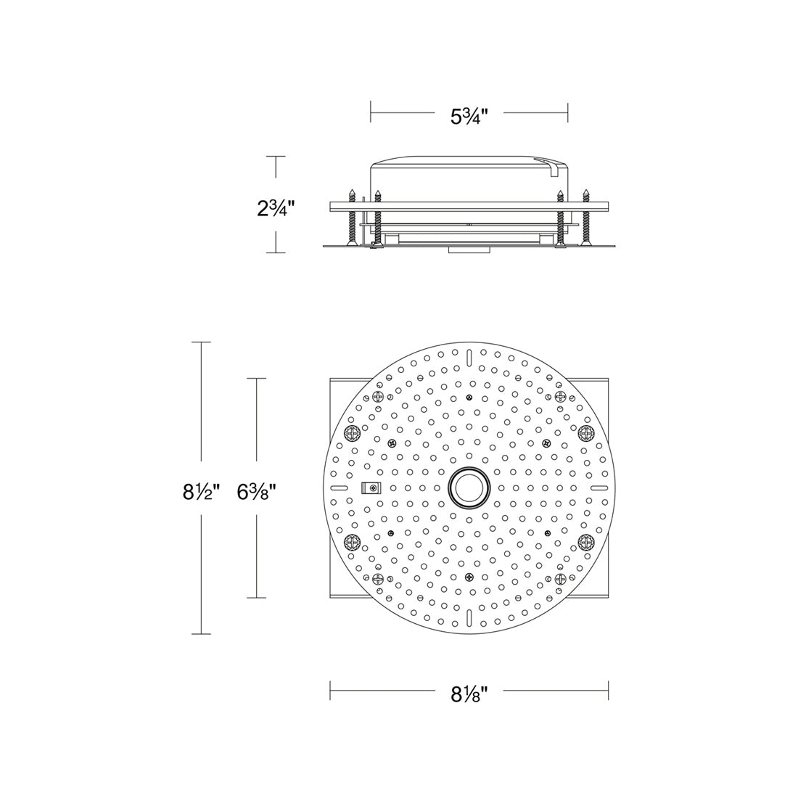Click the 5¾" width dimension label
469,115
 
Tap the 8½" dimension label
201,493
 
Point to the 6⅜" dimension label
257,493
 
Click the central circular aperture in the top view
469,488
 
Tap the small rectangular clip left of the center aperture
371,488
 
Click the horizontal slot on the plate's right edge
598,488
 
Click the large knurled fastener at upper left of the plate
352,434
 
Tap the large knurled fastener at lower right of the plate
586,541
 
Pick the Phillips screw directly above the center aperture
469,398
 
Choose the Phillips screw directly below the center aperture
469,577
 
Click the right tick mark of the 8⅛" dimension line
608,691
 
